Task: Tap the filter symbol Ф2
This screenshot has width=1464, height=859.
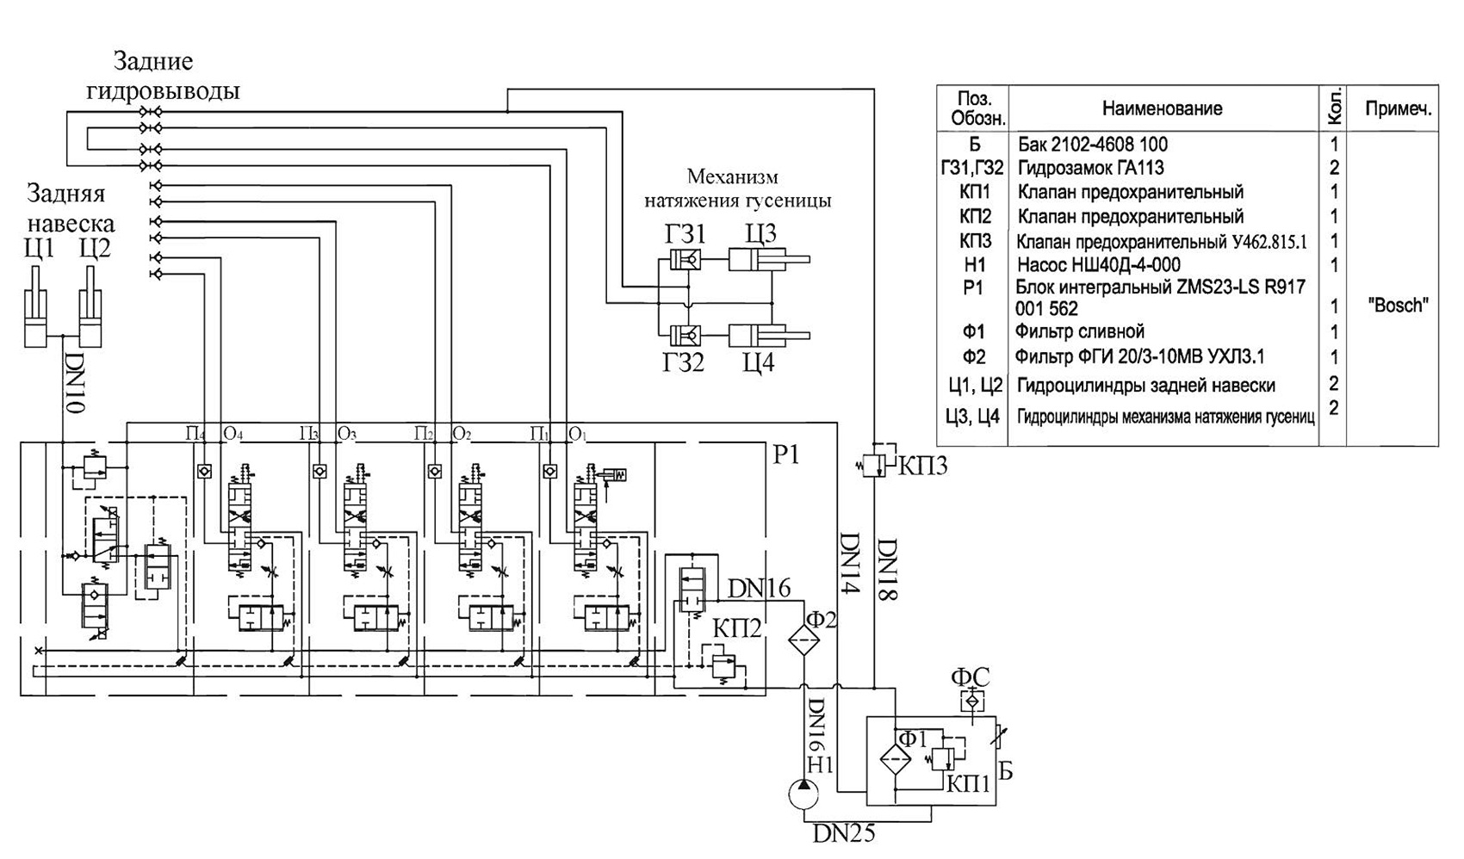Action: (x=803, y=640)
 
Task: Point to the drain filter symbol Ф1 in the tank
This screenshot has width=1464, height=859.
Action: (x=896, y=759)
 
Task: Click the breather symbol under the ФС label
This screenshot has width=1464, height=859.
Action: (x=972, y=701)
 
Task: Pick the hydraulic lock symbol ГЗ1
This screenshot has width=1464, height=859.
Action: (x=685, y=259)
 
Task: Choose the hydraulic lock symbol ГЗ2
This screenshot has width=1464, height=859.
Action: (x=685, y=336)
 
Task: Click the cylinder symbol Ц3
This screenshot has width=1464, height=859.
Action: (x=769, y=259)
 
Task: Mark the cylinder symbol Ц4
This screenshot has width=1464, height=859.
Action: (x=769, y=336)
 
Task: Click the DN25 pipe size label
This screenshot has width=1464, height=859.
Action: (x=844, y=834)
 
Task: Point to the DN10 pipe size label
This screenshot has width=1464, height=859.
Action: (x=75, y=383)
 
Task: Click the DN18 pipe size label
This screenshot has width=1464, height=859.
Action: (x=888, y=569)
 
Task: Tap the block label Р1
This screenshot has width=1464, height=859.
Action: (x=786, y=454)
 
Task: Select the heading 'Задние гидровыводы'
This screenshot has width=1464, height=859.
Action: (x=163, y=76)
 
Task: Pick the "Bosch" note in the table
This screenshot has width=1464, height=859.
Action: (x=1398, y=305)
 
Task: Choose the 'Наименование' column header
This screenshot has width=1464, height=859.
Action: (x=1162, y=108)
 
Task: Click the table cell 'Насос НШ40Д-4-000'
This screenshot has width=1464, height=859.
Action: (x=1099, y=265)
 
